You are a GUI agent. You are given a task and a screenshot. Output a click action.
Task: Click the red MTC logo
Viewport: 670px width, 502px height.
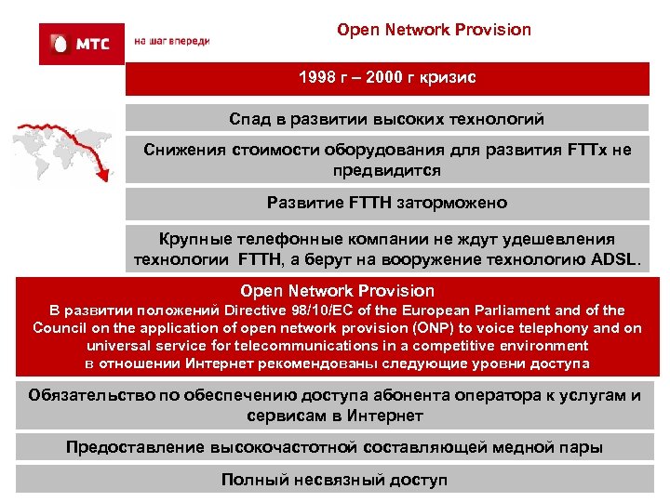coord(81,44)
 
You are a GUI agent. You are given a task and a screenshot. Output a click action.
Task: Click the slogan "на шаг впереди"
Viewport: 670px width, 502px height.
coord(172,42)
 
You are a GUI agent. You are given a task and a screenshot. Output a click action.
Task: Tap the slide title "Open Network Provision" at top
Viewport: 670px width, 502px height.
coord(434,30)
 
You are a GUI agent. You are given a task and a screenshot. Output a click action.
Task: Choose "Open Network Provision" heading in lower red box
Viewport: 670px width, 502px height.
coord(337,291)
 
